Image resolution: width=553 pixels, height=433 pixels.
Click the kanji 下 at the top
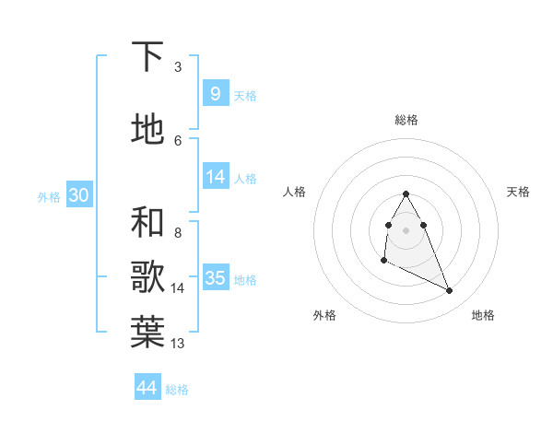coord(148,57)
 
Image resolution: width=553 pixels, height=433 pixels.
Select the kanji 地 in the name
coord(148,130)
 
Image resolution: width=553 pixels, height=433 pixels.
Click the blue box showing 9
coord(215,94)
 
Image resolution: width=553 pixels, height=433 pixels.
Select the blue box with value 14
coord(216,177)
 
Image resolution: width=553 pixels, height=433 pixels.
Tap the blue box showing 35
coord(216,277)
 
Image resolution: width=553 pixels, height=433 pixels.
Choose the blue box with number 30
coord(78,195)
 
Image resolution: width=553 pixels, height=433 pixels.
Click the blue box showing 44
coord(147,388)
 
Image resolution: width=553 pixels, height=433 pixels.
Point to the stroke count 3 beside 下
coord(178,67)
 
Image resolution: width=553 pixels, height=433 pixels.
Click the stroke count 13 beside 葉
coord(179,344)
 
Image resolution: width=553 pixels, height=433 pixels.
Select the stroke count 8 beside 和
coord(178,233)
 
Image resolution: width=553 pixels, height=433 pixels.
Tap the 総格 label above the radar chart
coord(406,120)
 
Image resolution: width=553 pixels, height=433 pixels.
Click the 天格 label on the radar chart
coord(518,192)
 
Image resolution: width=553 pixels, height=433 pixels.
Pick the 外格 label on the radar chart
coord(324,315)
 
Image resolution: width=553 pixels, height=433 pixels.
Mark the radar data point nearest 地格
coord(450,291)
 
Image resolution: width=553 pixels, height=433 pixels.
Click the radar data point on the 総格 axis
coord(406,193)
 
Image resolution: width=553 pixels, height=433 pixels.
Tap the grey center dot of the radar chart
coord(406,229)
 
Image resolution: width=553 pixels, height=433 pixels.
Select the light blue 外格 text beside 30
coord(49,196)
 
